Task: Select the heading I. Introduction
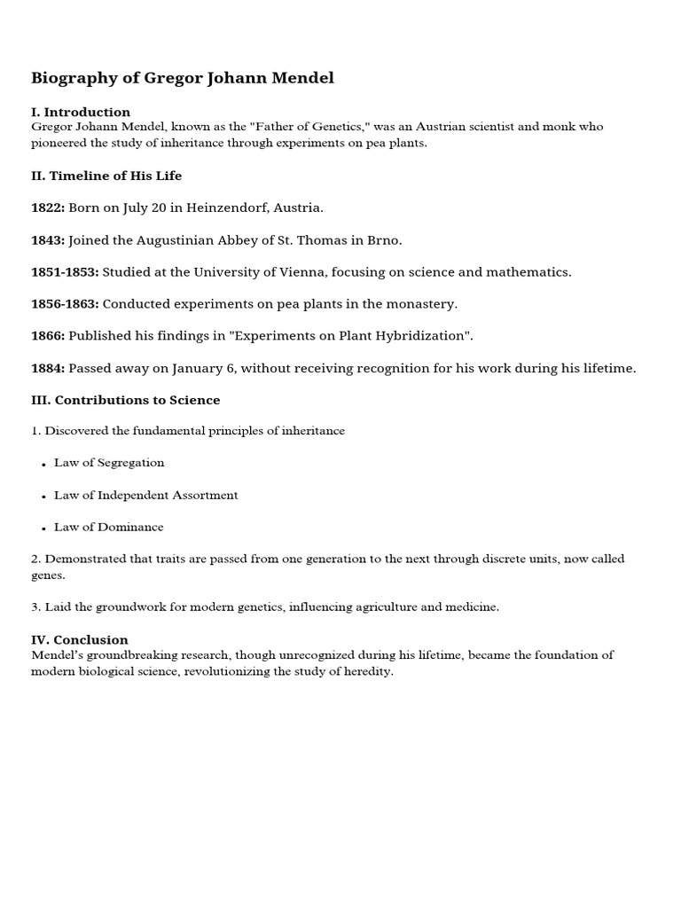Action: pyautogui.click(x=81, y=112)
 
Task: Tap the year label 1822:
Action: pyautogui.click(x=48, y=207)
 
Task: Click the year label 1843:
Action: pyautogui.click(x=48, y=239)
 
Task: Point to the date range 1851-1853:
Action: pyautogui.click(x=65, y=271)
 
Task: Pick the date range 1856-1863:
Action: pyautogui.click(x=65, y=303)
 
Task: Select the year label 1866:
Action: pyautogui.click(x=48, y=335)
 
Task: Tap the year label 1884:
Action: pyautogui.click(x=48, y=368)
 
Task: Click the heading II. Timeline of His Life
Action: pyautogui.click(x=106, y=176)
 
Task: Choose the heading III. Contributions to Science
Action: pyautogui.click(x=125, y=400)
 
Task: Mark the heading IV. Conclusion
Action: pyautogui.click(x=79, y=639)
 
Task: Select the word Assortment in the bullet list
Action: pyautogui.click(x=207, y=495)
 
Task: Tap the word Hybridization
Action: pyautogui.click(x=420, y=335)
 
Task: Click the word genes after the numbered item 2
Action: pyautogui.click(x=47, y=575)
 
